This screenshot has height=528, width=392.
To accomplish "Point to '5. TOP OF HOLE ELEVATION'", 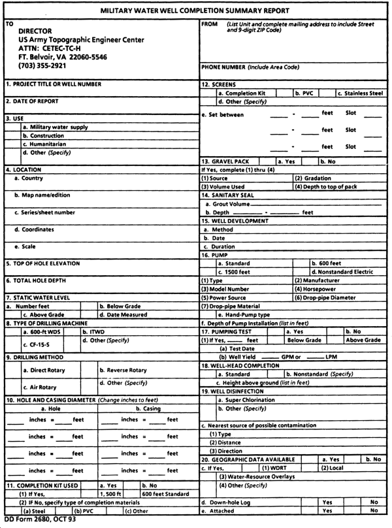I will (x=46, y=263).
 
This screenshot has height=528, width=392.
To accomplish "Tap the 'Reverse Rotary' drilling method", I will (x=127, y=370).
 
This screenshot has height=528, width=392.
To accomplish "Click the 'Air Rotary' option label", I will (x=41, y=388).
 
